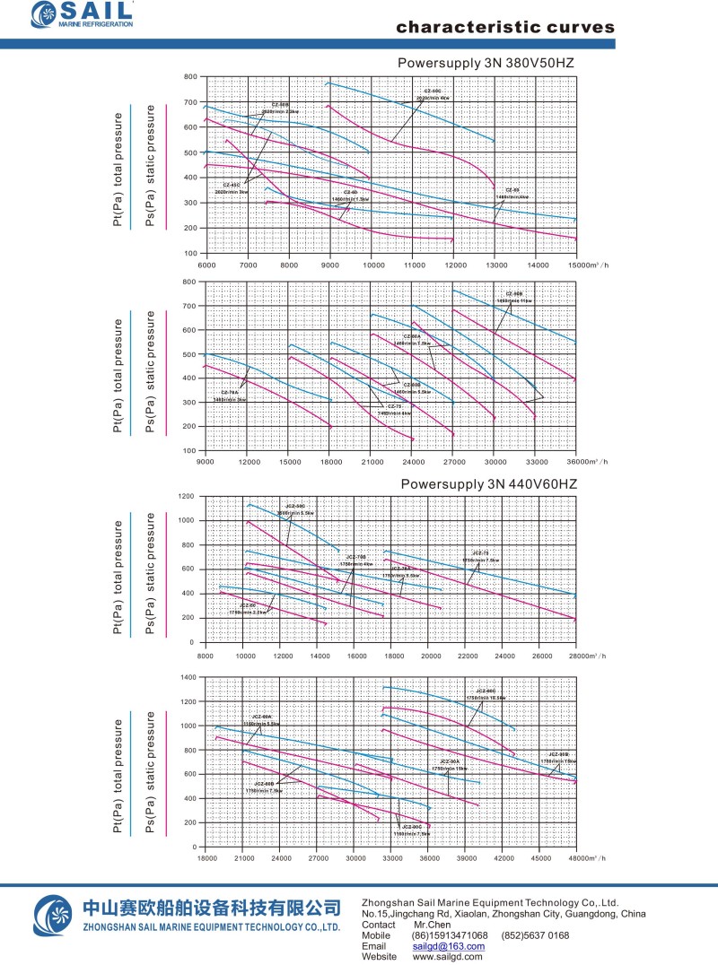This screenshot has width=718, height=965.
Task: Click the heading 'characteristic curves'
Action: (505, 27)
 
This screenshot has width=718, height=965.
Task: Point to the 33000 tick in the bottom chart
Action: (392, 859)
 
